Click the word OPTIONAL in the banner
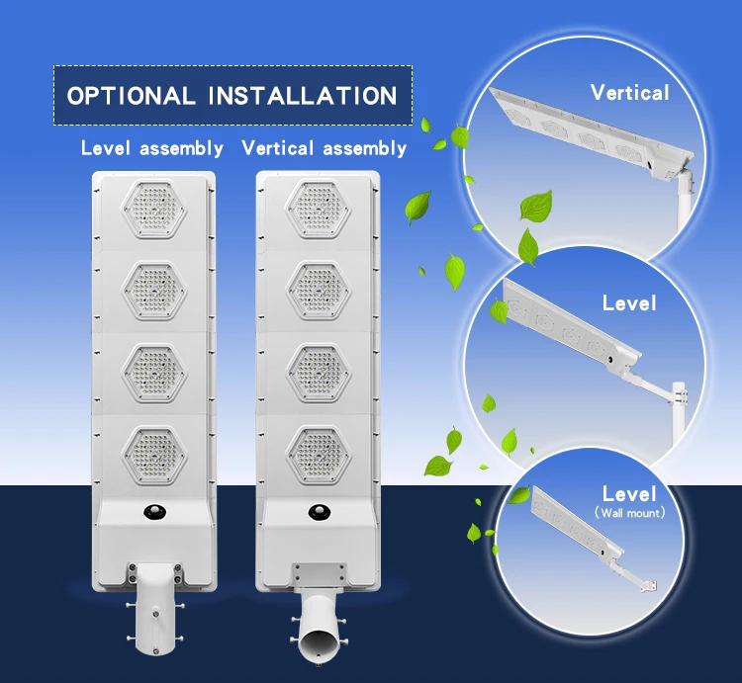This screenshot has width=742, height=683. [131, 96]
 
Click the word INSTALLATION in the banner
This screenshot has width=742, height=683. [303, 96]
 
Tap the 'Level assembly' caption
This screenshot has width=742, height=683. [151, 148]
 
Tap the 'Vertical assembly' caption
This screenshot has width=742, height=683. [324, 148]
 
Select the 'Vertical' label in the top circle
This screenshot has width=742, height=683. [629, 93]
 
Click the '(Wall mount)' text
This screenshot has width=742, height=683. [630, 513]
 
